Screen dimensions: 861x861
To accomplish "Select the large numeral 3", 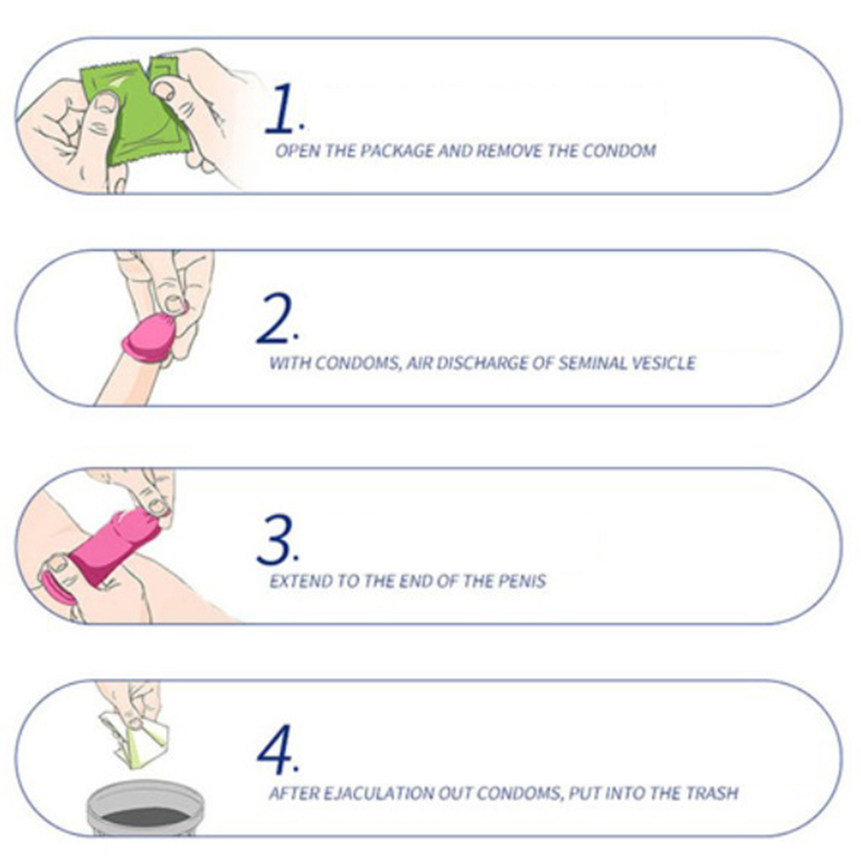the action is (x=274, y=540).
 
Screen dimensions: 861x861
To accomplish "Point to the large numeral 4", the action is (x=275, y=750).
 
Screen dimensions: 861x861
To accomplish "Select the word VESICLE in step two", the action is (x=664, y=363).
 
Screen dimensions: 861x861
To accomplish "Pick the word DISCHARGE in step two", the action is (x=481, y=363).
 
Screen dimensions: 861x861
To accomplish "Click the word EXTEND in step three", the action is (x=301, y=581).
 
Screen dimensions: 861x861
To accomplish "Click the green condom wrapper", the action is (x=137, y=110).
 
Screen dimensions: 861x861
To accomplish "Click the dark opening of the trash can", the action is (x=145, y=816).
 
